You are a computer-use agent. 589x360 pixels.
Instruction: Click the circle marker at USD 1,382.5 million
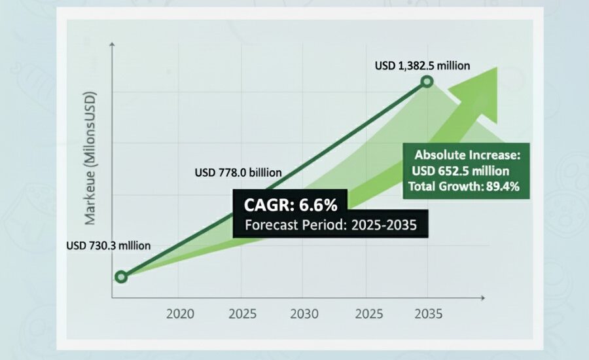(x=427, y=82)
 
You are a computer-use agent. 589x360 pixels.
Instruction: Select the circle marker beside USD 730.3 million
(x=120, y=277)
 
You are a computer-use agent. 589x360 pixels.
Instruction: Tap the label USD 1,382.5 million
(x=422, y=65)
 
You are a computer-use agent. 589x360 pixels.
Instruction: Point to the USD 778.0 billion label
(x=238, y=173)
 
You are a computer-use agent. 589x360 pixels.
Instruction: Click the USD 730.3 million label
(x=109, y=246)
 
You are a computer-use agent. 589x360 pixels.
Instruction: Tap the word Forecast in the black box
(x=270, y=226)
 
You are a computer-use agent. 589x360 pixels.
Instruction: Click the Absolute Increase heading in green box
(x=467, y=156)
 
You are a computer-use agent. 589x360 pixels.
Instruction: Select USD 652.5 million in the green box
(x=461, y=172)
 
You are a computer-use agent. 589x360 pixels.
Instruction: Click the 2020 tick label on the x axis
(x=180, y=314)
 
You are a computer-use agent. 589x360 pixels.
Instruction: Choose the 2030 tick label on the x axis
(x=304, y=314)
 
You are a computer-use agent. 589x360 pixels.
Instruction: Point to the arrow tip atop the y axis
(x=113, y=46)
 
